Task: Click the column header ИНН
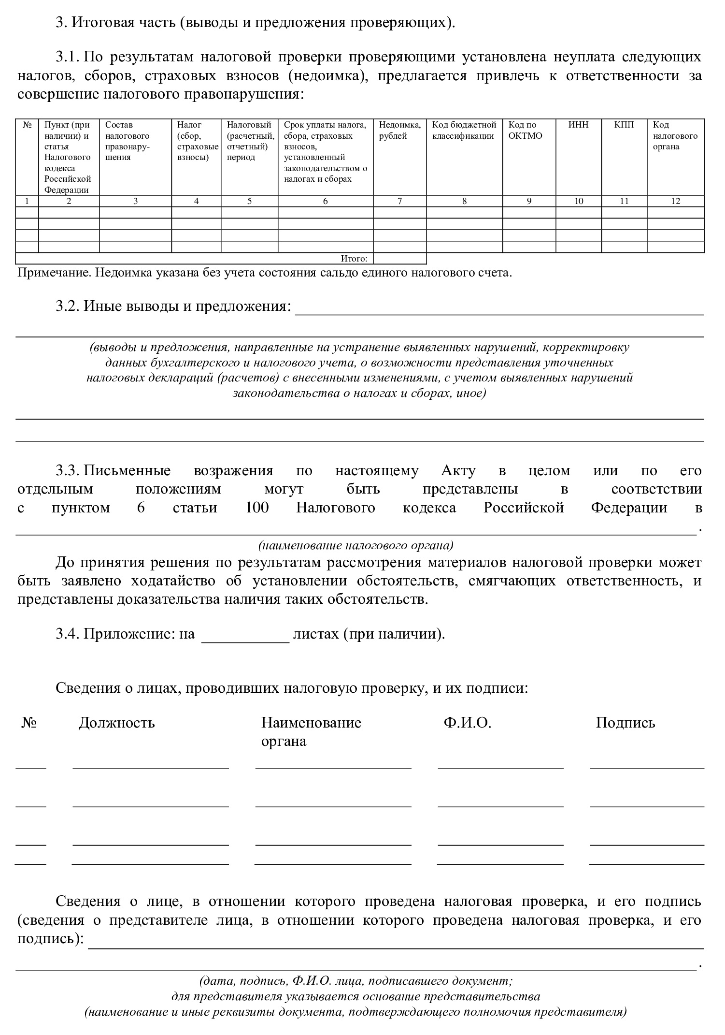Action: pos(578,125)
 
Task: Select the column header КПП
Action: pos(624,125)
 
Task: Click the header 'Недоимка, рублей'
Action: pos(399,130)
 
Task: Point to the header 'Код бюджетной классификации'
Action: pos(464,130)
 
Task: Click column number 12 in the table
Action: pos(675,201)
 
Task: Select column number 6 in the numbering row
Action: pos(325,201)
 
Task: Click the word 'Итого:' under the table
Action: pos(354,259)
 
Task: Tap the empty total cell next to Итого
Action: pos(399,259)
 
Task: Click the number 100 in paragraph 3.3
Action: pos(256,508)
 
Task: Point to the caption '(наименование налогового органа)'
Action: pos(356,545)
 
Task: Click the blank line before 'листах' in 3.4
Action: pos(245,634)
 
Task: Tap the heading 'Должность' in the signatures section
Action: pos(116,723)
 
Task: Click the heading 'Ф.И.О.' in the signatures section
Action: pos(467,723)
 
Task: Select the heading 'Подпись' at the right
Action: pos(625,723)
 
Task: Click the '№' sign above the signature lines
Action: pos(29,723)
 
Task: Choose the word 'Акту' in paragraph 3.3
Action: pos(458,470)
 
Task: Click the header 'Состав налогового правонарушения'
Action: pos(128,141)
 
